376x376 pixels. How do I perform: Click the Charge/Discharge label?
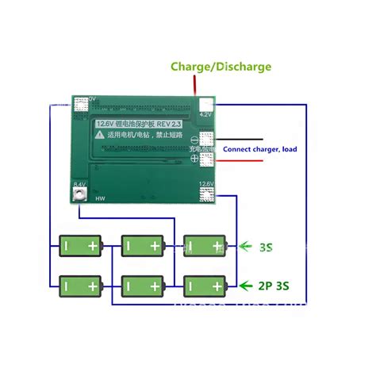(x=221, y=67)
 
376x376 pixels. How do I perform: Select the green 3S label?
(x=267, y=247)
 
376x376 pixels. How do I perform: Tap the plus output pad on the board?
(x=206, y=159)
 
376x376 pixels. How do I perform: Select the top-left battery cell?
(x=82, y=246)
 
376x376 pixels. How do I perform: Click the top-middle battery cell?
(x=143, y=246)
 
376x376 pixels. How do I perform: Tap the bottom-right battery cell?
(x=205, y=284)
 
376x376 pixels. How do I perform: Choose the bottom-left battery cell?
(x=82, y=284)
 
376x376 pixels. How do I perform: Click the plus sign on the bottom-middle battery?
(x=155, y=284)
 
